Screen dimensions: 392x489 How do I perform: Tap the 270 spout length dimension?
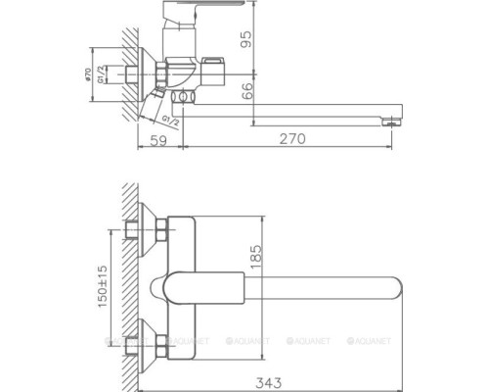coord(291,139)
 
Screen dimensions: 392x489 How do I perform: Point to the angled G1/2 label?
coord(168,121)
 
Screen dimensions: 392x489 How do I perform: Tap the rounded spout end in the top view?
coord(392,286)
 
